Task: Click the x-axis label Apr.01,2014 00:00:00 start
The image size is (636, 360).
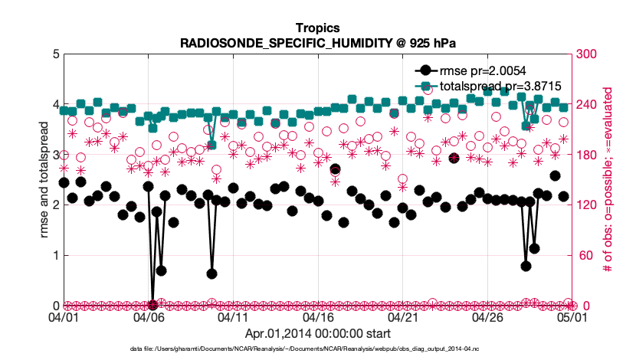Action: click(317, 334)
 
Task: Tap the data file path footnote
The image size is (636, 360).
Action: click(317, 349)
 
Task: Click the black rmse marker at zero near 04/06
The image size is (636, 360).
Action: click(153, 305)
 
